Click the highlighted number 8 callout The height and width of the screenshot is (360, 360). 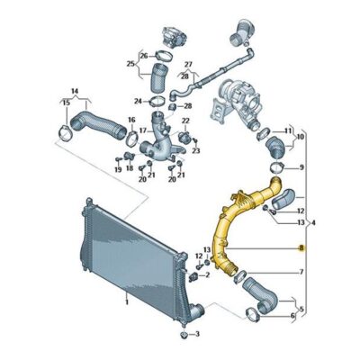(301, 247)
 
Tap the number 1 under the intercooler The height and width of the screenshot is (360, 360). (126, 303)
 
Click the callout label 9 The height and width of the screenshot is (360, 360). (301, 167)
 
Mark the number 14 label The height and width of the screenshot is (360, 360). (75, 91)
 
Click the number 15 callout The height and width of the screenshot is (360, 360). (64, 103)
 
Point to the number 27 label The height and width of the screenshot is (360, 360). (189, 64)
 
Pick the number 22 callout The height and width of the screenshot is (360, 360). (186, 121)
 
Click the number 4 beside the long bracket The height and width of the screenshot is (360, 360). (313, 222)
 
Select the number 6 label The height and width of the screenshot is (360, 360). (292, 318)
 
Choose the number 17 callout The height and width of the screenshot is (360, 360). (142, 130)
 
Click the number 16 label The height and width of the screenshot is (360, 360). (130, 121)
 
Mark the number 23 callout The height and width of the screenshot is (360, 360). (195, 149)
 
